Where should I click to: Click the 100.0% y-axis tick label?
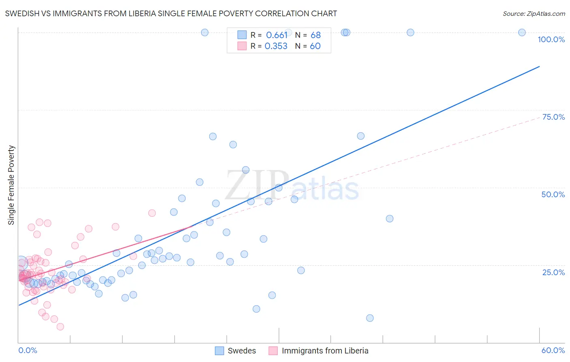[551, 39]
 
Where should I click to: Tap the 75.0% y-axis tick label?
[553, 117]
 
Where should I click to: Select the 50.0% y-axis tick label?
[553, 194]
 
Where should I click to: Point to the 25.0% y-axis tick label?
[553, 272]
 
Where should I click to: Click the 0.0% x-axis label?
[28, 350]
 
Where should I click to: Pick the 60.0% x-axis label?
[553, 350]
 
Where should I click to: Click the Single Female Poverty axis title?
[11, 185]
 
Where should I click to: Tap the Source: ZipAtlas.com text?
[534, 14]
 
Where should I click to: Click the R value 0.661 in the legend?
[276, 35]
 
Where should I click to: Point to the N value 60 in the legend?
[315, 46]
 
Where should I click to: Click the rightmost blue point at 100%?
[522, 32]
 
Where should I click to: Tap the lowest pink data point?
[60, 327]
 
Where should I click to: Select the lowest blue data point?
[370, 318]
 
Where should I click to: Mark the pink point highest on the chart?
[152, 213]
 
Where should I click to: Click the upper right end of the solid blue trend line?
[539, 66]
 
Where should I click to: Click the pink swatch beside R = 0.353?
[242, 46]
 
